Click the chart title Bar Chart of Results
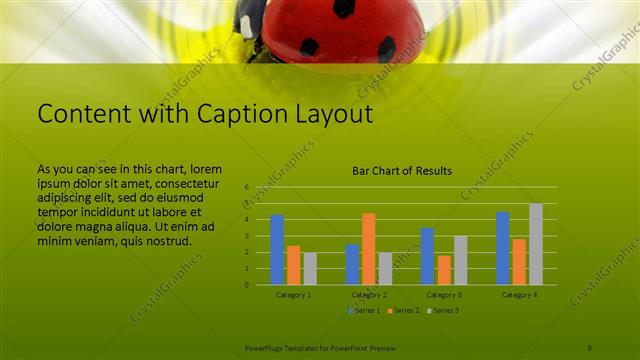[x=402, y=171]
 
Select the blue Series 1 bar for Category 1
[x=277, y=249]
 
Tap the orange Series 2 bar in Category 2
[x=369, y=248]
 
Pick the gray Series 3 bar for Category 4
[x=536, y=244]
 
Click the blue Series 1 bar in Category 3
[x=427, y=256]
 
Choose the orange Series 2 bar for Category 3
[x=444, y=269]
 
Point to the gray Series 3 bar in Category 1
[x=310, y=268]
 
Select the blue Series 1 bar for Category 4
[x=503, y=248]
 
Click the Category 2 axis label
[x=369, y=295]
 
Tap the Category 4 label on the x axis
[x=519, y=295]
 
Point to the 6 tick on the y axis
[x=246, y=187]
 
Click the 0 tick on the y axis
[x=246, y=284]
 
